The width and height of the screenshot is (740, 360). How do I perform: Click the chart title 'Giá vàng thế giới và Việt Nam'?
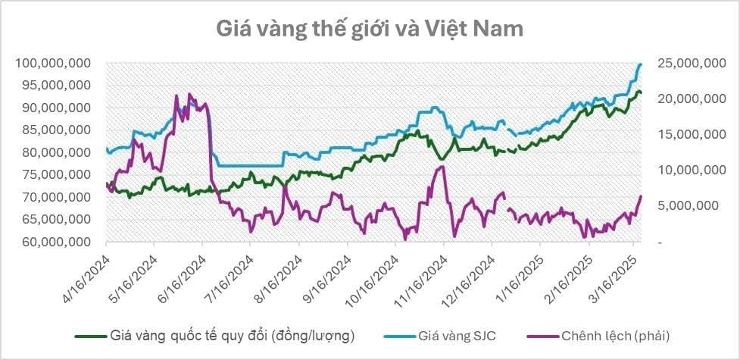(370, 30)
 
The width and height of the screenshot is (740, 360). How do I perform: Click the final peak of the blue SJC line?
(641, 64)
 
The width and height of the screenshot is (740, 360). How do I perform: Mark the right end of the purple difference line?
(641, 196)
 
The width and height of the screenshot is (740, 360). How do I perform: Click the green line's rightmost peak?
(639, 92)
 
